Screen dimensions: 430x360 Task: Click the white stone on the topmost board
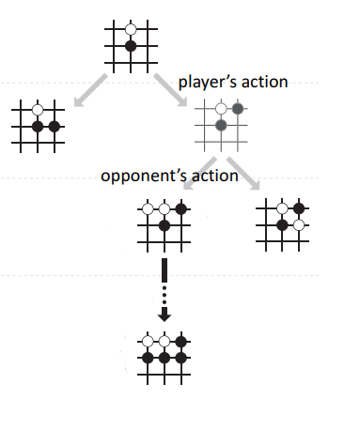pyautogui.click(x=131, y=29)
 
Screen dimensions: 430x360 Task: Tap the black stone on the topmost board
pyautogui.click(x=131, y=46)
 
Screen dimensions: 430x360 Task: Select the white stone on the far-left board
pyautogui.click(x=38, y=109)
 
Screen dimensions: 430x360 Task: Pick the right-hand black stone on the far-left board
pyautogui.click(x=55, y=126)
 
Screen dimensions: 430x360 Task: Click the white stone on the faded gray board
pyautogui.click(x=221, y=108)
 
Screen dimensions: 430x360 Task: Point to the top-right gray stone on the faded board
pyautogui.click(x=238, y=108)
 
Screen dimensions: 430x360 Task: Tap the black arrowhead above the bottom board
pyautogui.click(x=164, y=315)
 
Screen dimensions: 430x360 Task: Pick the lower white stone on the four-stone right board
pyautogui.click(x=298, y=224)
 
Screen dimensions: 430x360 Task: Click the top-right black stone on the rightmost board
pyautogui.click(x=298, y=207)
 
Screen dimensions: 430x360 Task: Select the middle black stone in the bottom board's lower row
pyautogui.click(x=164, y=358)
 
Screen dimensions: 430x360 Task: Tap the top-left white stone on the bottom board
pyautogui.click(x=148, y=341)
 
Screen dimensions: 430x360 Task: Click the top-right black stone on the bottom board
pyautogui.click(x=181, y=341)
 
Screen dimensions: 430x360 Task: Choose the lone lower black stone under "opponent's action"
pyautogui.click(x=164, y=225)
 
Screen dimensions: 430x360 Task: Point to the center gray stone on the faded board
pyautogui.click(x=221, y=125)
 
